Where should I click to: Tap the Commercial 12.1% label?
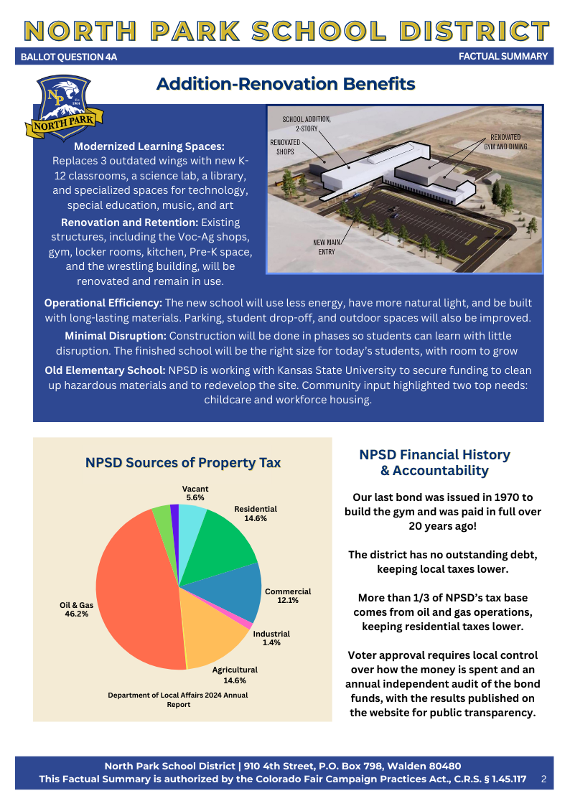[x=288, y=596]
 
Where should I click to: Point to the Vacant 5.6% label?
[x=195, y=492]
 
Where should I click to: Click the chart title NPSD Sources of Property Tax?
[x=183, y=463]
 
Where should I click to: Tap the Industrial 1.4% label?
[x=271, y=638]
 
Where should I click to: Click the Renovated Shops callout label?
[x=285, y=147]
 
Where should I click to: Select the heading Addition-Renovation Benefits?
[x=286, y=84]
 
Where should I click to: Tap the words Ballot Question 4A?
[x=69, y=57]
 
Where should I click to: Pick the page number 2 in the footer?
[x=543, y=779]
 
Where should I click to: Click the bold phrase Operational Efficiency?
[x=103, y=304]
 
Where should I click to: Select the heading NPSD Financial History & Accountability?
[x=434, y=462]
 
